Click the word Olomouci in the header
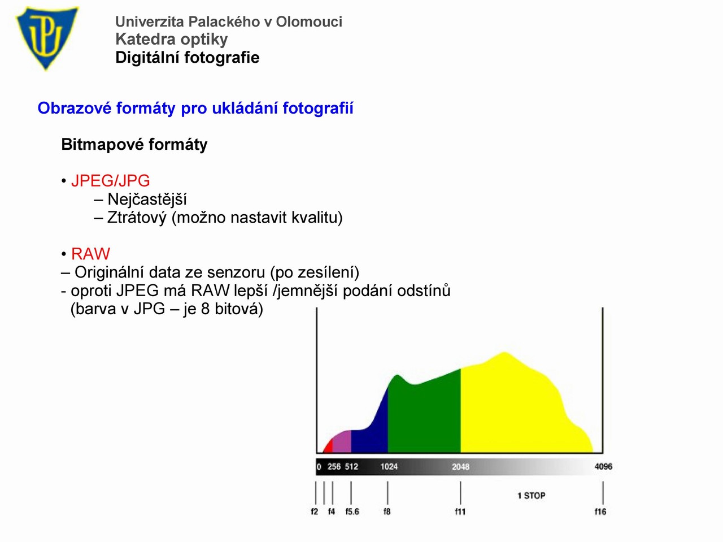click(309, 21)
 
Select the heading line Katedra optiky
click(171, 40)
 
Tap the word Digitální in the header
click(146, 58)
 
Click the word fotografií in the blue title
click(318, 108)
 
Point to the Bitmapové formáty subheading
click(134, 145)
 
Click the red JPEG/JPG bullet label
click(111, 181)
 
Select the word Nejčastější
click(147, 200)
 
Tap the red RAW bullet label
click(90, 254)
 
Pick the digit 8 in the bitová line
click(206, 309)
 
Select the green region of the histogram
click(424, 418)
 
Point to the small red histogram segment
click(328, 447)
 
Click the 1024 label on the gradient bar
click(389, 466)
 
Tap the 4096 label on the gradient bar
click(603, 466)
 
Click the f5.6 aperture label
click(352, 511)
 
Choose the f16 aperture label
click(600, 511)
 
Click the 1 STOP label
click(532, 496)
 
